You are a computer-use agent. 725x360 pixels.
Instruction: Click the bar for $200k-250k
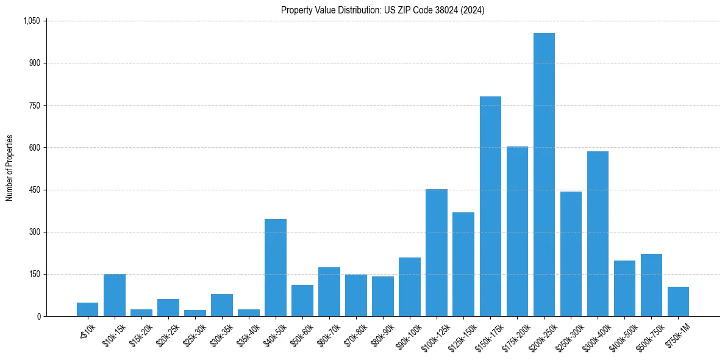click(544, 175)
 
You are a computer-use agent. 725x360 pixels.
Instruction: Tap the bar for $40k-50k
click(276, 267)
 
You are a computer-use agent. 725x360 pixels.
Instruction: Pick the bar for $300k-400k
click(598, 234)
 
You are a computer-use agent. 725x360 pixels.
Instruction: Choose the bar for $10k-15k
click(115, 295)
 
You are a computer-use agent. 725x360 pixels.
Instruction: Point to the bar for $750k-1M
click(678, 301)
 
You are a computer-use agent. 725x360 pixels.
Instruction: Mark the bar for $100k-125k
click(437, 253)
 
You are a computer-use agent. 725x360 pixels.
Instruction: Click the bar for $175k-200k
click(517, 231)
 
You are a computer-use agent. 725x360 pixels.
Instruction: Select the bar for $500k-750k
click(651, 285)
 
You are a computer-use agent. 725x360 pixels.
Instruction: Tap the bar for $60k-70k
click(329, 292)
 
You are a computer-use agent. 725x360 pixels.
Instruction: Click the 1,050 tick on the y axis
click(31, 21)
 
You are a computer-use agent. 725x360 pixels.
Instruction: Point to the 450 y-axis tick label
click(35, 190)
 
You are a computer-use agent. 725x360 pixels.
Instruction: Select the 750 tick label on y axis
click(35, 106)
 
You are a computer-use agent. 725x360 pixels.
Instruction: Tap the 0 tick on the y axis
click(38, 317)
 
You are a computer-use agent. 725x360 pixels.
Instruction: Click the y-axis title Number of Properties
click(9, 168)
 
